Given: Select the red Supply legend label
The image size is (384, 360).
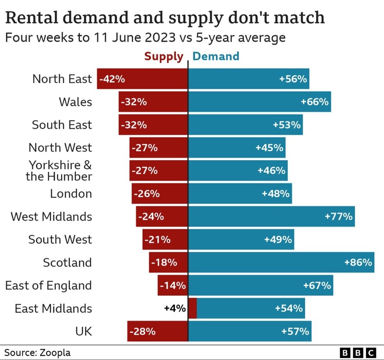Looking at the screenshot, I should click(x=164, y=57).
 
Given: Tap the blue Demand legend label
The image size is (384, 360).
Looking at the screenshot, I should click(x=216, y=57).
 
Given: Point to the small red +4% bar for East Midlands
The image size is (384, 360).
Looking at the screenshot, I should click(x=192, y=308).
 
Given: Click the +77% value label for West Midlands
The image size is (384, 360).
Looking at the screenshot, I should click(x=338, y=217).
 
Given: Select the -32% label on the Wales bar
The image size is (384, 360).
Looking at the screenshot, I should click(x=134, y=102).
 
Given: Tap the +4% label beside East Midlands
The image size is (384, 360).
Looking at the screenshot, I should click(x=174, y=308).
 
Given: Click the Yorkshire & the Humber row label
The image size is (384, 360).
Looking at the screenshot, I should click(x=59, y=171).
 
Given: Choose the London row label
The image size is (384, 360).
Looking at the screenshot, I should click(x=71, y=194).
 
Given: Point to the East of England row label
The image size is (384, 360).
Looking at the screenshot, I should click(x=48, y=285).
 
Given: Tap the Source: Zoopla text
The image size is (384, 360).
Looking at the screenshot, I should click(x=37, y=352).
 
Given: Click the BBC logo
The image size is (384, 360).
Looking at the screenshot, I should click(x=357, y=352).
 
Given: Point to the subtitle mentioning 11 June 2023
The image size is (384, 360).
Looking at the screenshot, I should click(x=145, y=37).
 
